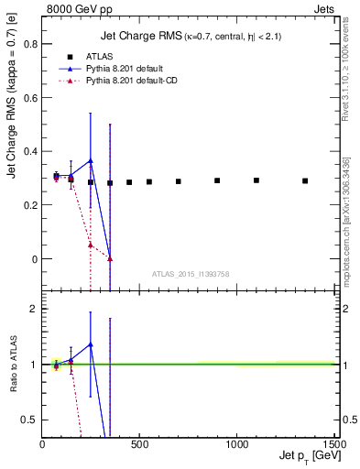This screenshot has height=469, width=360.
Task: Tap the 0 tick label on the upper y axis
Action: (x=34, y=259)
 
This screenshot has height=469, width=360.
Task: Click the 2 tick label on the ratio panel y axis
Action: (x=34, y=310)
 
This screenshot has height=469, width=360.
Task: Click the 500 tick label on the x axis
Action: (x=139, y=445)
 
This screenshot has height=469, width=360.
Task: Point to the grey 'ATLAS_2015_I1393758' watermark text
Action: (x=189, y=274)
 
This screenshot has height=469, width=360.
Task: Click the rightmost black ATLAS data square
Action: (x=305, y=181)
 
